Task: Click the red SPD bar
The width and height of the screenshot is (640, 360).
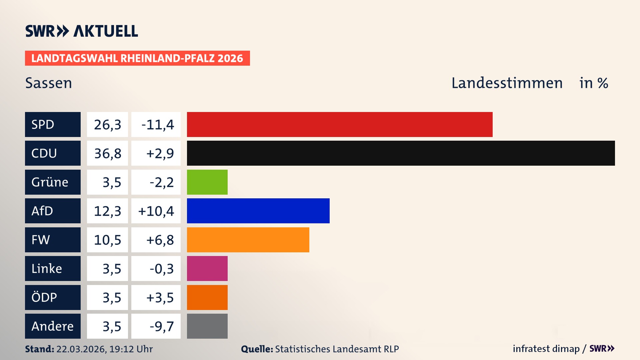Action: point(339,124)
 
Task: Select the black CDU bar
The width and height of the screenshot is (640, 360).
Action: point(401,153)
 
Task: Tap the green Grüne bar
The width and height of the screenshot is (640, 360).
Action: point(207,182)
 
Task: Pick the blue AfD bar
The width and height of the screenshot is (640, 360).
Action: point(258,211)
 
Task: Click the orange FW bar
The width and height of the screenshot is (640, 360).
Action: point(248,240)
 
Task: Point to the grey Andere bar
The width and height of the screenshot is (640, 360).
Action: point(207,326)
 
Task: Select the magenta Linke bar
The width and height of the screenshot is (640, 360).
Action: point(207,268)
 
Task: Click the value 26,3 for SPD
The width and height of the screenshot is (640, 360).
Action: point(107,125)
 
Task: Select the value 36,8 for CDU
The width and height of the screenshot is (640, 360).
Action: point(107,153)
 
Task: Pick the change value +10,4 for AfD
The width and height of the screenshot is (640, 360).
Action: point(156,211)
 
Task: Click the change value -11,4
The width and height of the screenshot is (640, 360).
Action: point(157,125)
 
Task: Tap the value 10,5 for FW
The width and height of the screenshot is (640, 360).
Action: point(107,240)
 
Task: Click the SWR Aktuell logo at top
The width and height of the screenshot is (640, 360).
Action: point(81,31)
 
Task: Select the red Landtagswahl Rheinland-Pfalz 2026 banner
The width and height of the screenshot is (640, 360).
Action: point(137,58)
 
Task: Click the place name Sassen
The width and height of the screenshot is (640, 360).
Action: point(49,83)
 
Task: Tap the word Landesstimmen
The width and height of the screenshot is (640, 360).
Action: point(507,83)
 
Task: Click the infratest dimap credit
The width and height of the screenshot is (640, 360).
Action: point(546,349)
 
